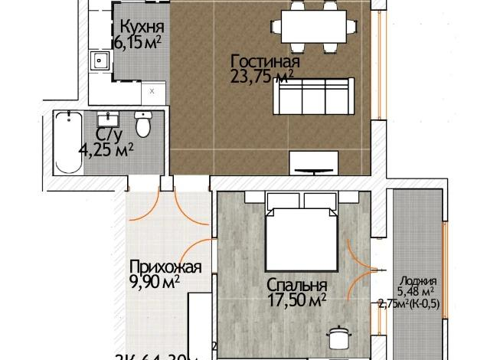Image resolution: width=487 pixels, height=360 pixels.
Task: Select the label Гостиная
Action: [x=265, y=61]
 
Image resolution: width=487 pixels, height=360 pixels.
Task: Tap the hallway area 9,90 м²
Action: [x=155, y=281]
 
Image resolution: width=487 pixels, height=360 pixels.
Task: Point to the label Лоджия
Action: [x=418, y=280]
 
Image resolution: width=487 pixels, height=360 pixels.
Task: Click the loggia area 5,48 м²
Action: [x=417, y=292]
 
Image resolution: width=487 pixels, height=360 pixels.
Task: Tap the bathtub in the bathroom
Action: [x=70, y=142]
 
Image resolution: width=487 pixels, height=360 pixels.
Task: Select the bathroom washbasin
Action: [x=107, y=119]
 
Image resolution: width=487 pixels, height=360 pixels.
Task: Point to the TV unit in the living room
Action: [x=312, y=162]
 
